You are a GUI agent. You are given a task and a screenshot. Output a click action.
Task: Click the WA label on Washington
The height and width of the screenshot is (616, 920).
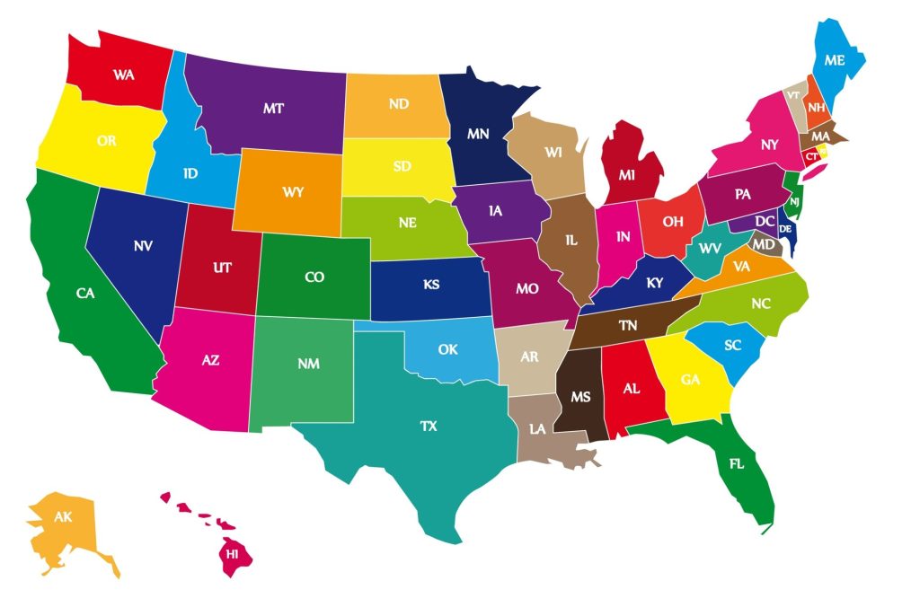pos(124,75)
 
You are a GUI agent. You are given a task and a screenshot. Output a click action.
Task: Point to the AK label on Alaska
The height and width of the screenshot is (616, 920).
pos(63,517)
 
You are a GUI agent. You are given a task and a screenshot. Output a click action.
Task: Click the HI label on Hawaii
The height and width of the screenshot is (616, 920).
pos(233,554)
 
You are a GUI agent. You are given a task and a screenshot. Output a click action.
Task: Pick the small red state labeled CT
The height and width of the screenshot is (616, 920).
pos(812,155)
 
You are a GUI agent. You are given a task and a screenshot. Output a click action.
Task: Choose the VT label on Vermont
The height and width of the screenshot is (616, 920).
pos(793,95)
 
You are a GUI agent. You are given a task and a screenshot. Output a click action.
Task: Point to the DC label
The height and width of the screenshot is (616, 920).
pos(765,220)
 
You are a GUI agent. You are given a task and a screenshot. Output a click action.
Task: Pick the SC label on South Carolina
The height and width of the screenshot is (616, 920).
pos(732,345)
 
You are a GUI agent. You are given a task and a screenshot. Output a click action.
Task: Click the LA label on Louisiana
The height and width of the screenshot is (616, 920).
pos(537,428)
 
